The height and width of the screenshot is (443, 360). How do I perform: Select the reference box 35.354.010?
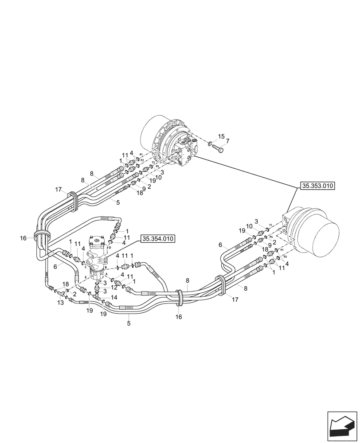(x=158, y=239)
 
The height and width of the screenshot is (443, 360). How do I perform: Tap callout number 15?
(x=221, y=136)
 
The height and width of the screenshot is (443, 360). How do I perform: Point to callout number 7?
(x=227, y=141)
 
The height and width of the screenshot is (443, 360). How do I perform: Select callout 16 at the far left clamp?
(x=23, y=238)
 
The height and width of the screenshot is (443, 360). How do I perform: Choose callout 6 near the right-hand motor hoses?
(x=220, y=245)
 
